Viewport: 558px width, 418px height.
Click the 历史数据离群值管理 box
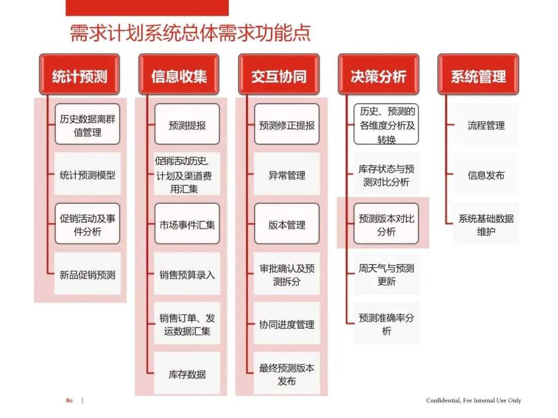(x=87, y=125)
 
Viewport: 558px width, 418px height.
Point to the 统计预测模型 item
(x=87, y=175)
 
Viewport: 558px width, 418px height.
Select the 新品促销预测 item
(x=87, y=275)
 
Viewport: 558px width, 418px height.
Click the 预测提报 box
(x=187, y=125)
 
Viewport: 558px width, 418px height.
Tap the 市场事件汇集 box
(x=187, y=224)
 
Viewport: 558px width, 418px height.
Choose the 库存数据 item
(x=187, y=374)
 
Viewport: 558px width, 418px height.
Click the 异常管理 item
(x=287, y=175)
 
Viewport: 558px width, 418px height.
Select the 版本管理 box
(x=287, y=224)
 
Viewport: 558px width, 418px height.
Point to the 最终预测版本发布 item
(x=287, y=374)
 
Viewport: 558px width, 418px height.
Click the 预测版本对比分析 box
(x=386, y=224)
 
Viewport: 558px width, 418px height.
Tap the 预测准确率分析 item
(x=386, y=324)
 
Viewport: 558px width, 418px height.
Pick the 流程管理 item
(x=486, y=125)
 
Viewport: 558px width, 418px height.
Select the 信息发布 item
(x=486, y=175)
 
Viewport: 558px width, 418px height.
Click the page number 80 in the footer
(x=69, y=400)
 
